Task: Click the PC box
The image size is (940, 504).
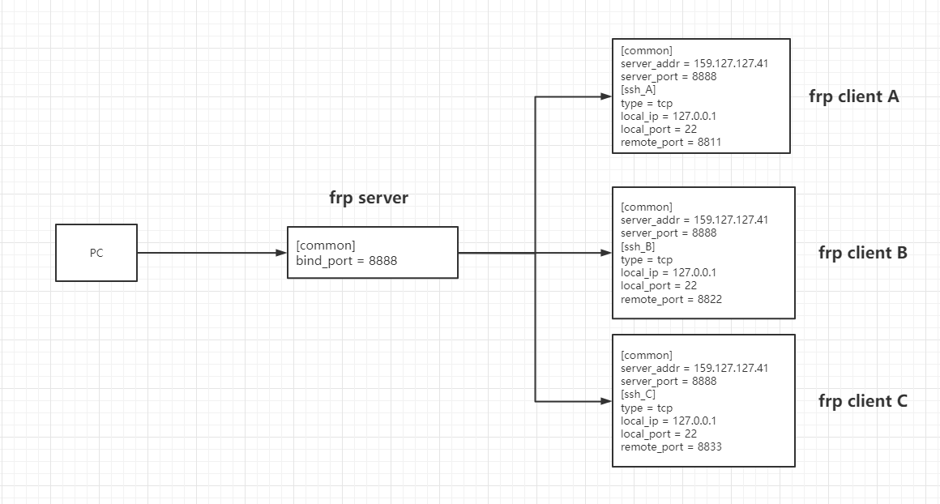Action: [96, 253]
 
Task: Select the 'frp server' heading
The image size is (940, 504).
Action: [368, 198]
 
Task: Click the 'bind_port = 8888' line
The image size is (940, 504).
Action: [346, 261]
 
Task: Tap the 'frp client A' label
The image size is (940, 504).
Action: [854, 96]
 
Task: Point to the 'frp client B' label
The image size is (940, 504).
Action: [863, 253]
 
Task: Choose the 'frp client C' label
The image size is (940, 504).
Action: [863, 401]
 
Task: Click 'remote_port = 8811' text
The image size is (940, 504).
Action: [671, 143]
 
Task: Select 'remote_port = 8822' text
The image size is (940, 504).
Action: [671, 299]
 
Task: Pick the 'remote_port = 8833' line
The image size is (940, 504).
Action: [671, 447]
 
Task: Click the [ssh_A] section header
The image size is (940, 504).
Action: [639, 90]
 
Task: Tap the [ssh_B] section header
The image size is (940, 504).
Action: [639, 246]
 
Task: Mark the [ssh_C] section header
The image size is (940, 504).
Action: [639, 395]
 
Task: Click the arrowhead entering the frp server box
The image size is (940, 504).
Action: [281, 253]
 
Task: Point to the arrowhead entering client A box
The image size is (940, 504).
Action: [605, 96]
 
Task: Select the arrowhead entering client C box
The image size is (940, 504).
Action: [605, 401]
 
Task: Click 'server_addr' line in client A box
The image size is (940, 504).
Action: [694, 63]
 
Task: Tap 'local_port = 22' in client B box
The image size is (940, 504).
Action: [659, 286]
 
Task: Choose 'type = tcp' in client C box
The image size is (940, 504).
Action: [647, 408]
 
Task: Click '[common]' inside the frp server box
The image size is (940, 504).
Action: [326, 246]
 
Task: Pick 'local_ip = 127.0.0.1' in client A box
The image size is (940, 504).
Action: [669, 116]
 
